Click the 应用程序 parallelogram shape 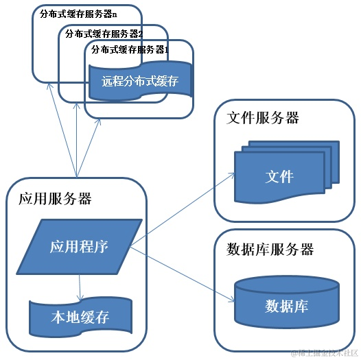(x=79, y=246)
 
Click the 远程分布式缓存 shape (x=140, y=82)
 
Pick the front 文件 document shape (x=279, y=176)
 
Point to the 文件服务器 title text (x=263, y=118)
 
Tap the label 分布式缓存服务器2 (x=104, y=33)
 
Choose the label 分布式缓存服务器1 (x=130, y=49)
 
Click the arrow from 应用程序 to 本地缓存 (x=80, y=284)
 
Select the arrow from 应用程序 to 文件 (x=182, y=209)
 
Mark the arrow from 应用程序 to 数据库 (x=182, y=272)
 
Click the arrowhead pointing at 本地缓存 (x=81, y=296)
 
